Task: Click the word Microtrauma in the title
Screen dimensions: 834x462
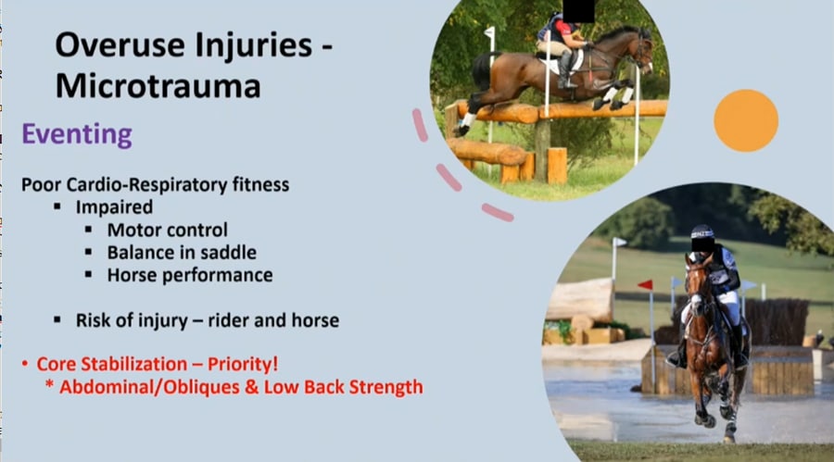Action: pyautogui.click(x=158, y=85)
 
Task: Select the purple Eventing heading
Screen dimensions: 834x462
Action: pyautogui.click(x=77, y=134)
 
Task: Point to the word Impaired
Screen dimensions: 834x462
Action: pyautogui.click(x=114, y=207)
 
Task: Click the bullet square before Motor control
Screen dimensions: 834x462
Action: pyautogui.click(x=88, y=230)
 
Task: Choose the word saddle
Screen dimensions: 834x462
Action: pyautogui.click(x=232, y=253)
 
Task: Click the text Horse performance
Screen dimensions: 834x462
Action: pyautogui.click(x=190, y=275)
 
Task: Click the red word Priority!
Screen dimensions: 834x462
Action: pyautogui.click(x=243, y=364)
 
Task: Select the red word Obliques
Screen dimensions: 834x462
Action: pyautogui.click(x=202, y=387)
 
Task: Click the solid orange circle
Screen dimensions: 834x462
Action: pyautogui.click(x=746, y=120)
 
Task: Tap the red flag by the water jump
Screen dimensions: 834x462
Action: pyautogui.click(x=646, y=285)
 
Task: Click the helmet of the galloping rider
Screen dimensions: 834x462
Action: pyautogui.click(x=702, y=231)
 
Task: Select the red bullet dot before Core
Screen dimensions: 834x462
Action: pyautogui.click(x=24, y=364)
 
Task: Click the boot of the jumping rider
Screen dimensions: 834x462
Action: pyautogui.click(x=566, y=72)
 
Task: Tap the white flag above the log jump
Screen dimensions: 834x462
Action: pyautogui.click(x=489, y=33)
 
